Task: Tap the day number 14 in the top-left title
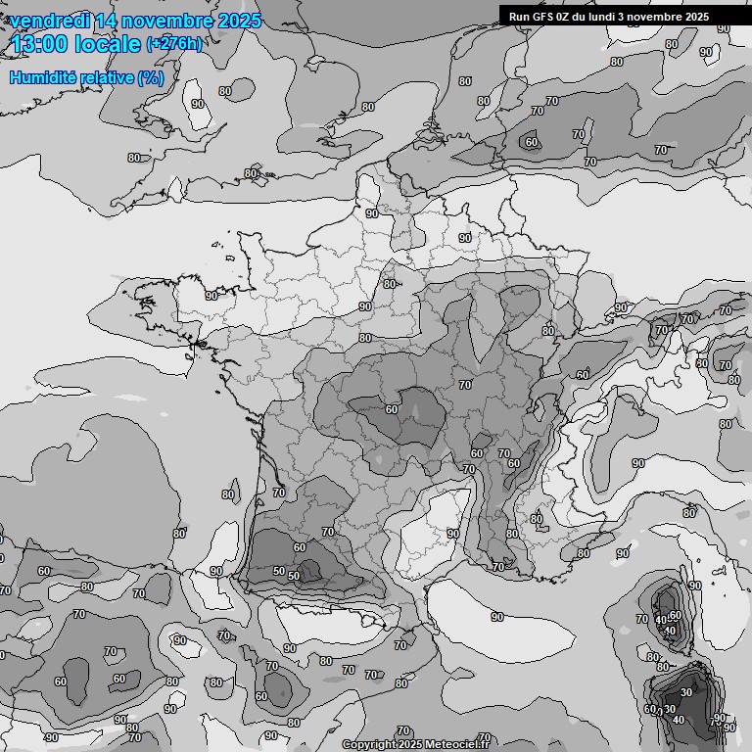coord(108,21)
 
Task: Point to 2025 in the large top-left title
coord(239,21)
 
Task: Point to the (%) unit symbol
coord(151,77)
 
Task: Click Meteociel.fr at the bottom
coord(454,745)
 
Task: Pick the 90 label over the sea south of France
coord(497,617)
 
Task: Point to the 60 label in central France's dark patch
coord(392,409)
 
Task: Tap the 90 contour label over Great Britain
coord(198,104)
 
